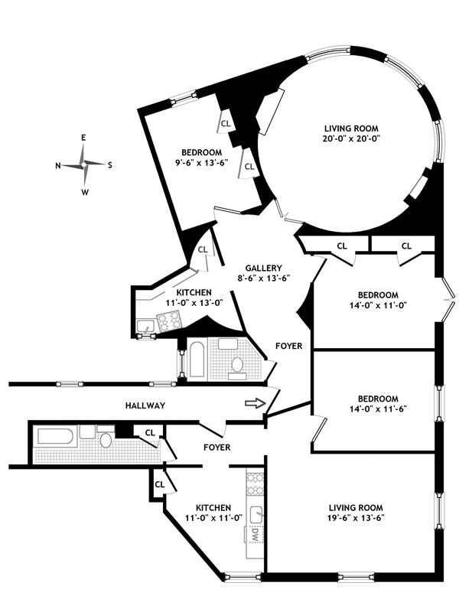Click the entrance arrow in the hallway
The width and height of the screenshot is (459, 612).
pos(255,404)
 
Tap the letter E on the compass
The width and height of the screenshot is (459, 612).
pos(83,138)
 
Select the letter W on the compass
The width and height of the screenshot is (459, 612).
pos(85,192)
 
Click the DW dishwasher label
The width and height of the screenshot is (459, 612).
pos(256,534)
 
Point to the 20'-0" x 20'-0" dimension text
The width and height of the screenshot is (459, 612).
pos(351,138)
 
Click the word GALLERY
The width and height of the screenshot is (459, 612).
pos(263,269)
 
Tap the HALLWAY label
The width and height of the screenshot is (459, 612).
pos(145,405)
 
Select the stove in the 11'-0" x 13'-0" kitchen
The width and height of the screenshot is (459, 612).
pos(169,321)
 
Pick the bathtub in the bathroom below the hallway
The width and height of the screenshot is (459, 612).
pos(55,436)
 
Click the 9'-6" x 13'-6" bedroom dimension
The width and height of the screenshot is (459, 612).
pos(201,162)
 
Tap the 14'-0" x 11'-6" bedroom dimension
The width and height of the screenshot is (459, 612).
pos(378,409)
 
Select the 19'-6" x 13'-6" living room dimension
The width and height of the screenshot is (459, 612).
pos(356,518)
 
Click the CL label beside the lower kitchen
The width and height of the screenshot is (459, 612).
pos(160,484)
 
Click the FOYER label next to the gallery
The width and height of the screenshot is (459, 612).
pos(289,346)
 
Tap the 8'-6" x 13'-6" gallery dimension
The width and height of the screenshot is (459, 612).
pos(263,278)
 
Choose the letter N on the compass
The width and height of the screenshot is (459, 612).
pos(58,165)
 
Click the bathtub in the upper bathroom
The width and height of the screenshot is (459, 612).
pos(197,360)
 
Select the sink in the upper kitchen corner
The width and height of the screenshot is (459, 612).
pos(146,326)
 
